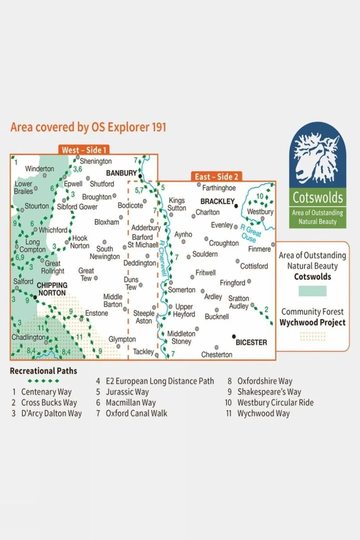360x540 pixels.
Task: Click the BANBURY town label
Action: pos(121,173)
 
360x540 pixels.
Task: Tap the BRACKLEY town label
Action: pos(217,202)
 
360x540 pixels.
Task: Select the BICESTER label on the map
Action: pos(251,342)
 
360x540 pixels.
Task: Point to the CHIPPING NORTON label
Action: pos(52,289)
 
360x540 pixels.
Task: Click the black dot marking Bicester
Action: pos(234,337)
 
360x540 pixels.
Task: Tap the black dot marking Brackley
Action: pos(236,206)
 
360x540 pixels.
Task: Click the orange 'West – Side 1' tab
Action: pos(84,150)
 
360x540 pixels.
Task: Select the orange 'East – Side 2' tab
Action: pos(216,177)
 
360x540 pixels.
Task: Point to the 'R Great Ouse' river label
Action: pos(251,233)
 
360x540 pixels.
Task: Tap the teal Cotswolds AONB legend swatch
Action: pos(312,291)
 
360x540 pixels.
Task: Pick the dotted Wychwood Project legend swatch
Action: pos(312,336)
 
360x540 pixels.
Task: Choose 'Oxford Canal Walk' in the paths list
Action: pos(136,414)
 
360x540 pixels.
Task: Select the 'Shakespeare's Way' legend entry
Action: pos(269,392)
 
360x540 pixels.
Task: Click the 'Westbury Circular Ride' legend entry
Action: pos(275,403)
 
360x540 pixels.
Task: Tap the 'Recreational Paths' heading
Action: pos(44,371)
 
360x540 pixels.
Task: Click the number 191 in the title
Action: pos(159,127)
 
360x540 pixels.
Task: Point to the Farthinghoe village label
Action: pos(219,188)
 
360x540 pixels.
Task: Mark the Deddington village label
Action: pos(139,263)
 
